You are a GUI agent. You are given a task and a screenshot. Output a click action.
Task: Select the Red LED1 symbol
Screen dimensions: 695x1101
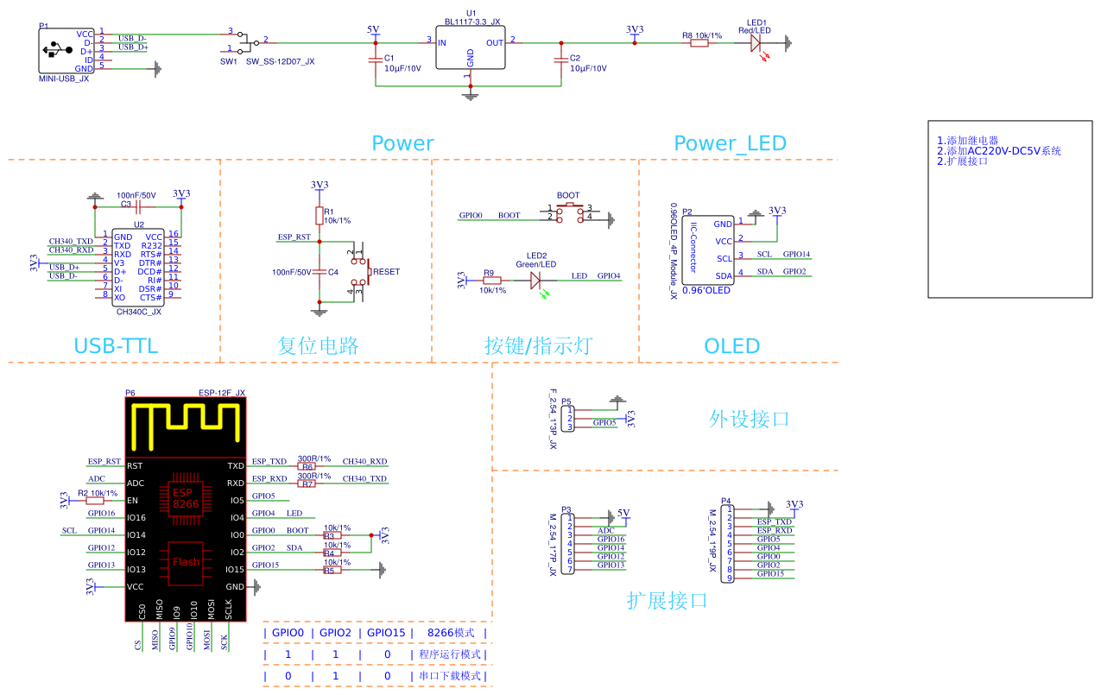pos(756,41)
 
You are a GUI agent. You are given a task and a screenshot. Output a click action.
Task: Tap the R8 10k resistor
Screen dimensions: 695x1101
pos(699,41)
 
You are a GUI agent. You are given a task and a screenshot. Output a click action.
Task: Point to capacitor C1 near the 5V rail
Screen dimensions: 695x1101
pos(375,60)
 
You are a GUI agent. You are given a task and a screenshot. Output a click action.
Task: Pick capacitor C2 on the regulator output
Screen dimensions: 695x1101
pos(561,60)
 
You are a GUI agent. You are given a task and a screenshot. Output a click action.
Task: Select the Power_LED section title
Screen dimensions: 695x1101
pos(730,143)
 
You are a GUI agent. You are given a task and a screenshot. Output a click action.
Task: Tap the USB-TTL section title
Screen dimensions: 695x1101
pos(116,346)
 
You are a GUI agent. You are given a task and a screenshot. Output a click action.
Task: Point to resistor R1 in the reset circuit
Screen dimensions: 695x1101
pos(319,215)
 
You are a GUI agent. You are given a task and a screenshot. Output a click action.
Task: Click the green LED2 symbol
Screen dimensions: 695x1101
pos(535,280)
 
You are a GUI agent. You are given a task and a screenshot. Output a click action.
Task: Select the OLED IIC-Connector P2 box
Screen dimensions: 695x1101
pos(708,250)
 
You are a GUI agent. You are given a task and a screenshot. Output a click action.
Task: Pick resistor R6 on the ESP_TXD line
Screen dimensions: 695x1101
pos(307,466)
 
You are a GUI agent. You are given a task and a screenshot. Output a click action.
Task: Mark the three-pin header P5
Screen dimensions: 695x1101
pos(568,419)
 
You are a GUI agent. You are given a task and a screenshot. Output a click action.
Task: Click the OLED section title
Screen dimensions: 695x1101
pos(732,346)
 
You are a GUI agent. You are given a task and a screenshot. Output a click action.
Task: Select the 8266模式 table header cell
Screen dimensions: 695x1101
pos(451,633)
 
